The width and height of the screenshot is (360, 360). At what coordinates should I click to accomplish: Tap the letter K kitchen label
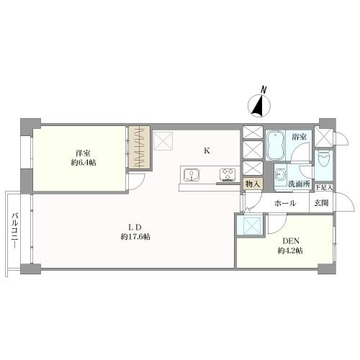[207, 150]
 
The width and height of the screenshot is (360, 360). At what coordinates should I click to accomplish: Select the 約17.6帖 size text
[135, 237]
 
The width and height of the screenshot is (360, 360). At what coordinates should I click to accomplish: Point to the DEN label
[290, 240]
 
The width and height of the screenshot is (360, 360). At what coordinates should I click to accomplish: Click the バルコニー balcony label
[16, 230]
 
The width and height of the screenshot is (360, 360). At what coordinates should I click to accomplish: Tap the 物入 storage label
[253, 184]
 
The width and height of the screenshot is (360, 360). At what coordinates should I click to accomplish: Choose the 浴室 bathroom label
[299, 138]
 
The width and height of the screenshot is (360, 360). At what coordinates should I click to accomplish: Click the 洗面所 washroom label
[299, 184]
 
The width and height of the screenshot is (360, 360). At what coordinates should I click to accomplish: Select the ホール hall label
[285, 204]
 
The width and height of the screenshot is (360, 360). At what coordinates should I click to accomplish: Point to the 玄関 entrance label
[321, 203]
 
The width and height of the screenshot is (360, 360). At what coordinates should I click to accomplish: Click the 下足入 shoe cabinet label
[324, 187]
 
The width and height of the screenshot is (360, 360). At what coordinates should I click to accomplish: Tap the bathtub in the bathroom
[275, 145]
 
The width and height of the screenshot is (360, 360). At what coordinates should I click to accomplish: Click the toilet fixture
[323, 160]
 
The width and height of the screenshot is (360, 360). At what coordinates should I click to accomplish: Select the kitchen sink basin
[192, 175]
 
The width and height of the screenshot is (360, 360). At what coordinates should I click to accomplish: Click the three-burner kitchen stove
[228, 174]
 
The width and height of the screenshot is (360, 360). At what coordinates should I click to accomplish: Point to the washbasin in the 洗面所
[280, 175]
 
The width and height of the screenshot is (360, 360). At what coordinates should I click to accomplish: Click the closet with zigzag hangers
[140, 147]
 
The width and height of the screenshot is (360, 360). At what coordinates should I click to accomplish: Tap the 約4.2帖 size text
[290, 251]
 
